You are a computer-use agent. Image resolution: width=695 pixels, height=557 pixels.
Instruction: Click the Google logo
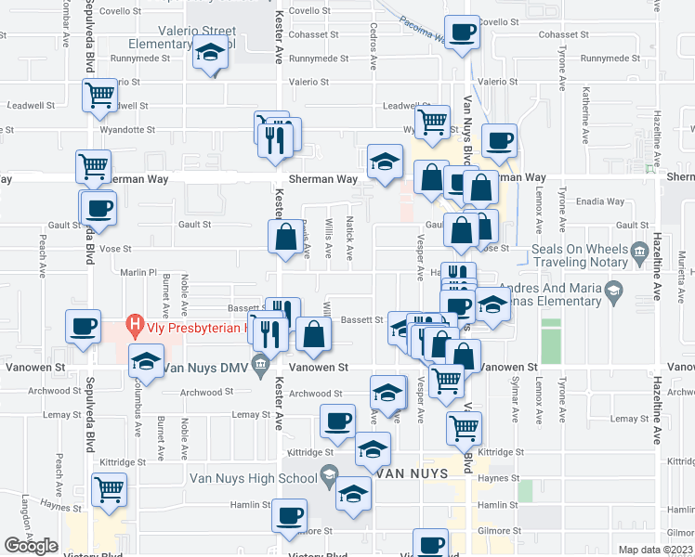tap(32, 546)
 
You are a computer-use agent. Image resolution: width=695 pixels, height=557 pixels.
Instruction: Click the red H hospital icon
tap(137, 326)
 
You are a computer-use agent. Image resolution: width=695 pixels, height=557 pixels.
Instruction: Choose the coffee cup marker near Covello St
tap(462, 32)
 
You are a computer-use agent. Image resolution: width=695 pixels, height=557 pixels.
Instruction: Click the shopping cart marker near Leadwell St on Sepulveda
tap(99, 94)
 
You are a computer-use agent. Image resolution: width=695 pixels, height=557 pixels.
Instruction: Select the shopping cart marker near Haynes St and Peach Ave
tap(110, 488)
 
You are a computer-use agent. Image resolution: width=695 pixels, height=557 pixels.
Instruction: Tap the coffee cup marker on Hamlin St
tap(289, 513)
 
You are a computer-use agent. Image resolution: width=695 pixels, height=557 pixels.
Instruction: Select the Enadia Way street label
tap(600, 201)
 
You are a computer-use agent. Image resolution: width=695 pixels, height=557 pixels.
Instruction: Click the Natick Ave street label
tap(350, 246)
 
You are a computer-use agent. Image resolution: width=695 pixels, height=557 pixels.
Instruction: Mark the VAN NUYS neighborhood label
tap(413, 473)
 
